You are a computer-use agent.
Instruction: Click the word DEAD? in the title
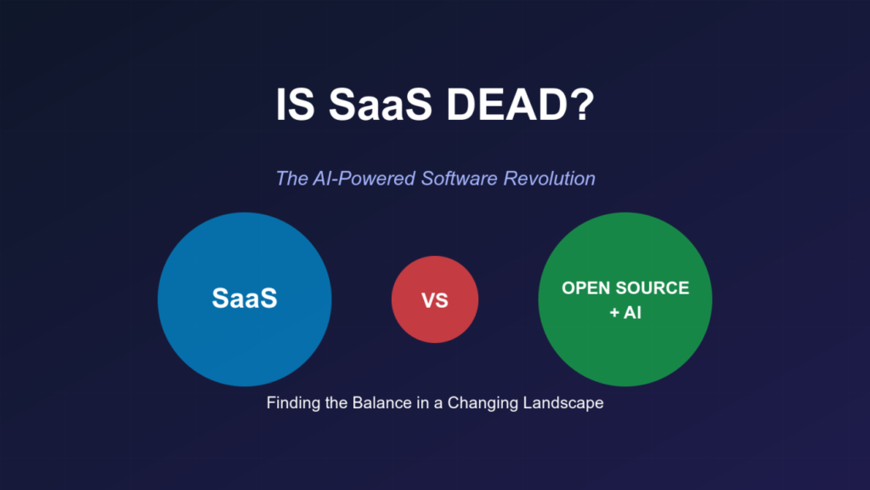520,104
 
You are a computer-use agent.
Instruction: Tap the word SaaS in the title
380,104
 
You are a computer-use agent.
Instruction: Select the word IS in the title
295,104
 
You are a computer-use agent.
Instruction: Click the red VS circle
435,299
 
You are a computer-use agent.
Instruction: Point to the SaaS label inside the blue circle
245,299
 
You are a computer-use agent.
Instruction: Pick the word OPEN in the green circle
585,288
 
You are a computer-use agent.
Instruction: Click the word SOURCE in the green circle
652,288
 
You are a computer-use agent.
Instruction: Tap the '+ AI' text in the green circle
625,312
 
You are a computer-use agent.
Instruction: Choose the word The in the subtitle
291,179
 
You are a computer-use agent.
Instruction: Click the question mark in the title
583,104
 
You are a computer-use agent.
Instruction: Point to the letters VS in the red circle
435,300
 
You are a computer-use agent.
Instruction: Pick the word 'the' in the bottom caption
336,402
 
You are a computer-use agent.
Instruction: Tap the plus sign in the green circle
614,313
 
